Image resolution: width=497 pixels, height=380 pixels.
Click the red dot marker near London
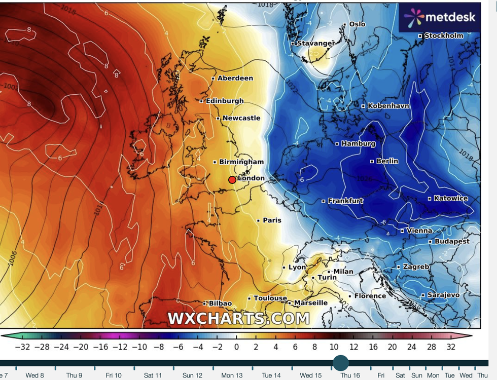coord(232,180)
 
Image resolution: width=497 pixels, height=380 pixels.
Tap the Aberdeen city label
coord(235,78)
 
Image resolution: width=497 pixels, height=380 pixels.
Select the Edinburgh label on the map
coord(224,101)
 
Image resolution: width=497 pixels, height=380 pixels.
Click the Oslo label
coord(357,24)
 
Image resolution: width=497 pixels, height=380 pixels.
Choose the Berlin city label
coord(387,161)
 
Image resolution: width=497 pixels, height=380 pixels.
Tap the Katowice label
coord(450,198)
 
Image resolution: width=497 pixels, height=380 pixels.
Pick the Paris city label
coord(272,220)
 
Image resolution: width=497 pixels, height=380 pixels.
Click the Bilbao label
coord(220,303)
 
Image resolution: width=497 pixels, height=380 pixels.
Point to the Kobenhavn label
coord(388,106)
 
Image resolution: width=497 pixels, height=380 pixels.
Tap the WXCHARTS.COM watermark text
coord(238,318)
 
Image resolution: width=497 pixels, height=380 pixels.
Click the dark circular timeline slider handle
coord(341,363)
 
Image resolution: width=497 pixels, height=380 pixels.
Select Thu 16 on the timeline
coord(350,375)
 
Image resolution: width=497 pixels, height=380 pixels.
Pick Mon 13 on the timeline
coord(232,375)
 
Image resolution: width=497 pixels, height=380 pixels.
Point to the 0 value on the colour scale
coord(236,347)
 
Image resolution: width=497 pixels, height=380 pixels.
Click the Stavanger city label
coord(315,44)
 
